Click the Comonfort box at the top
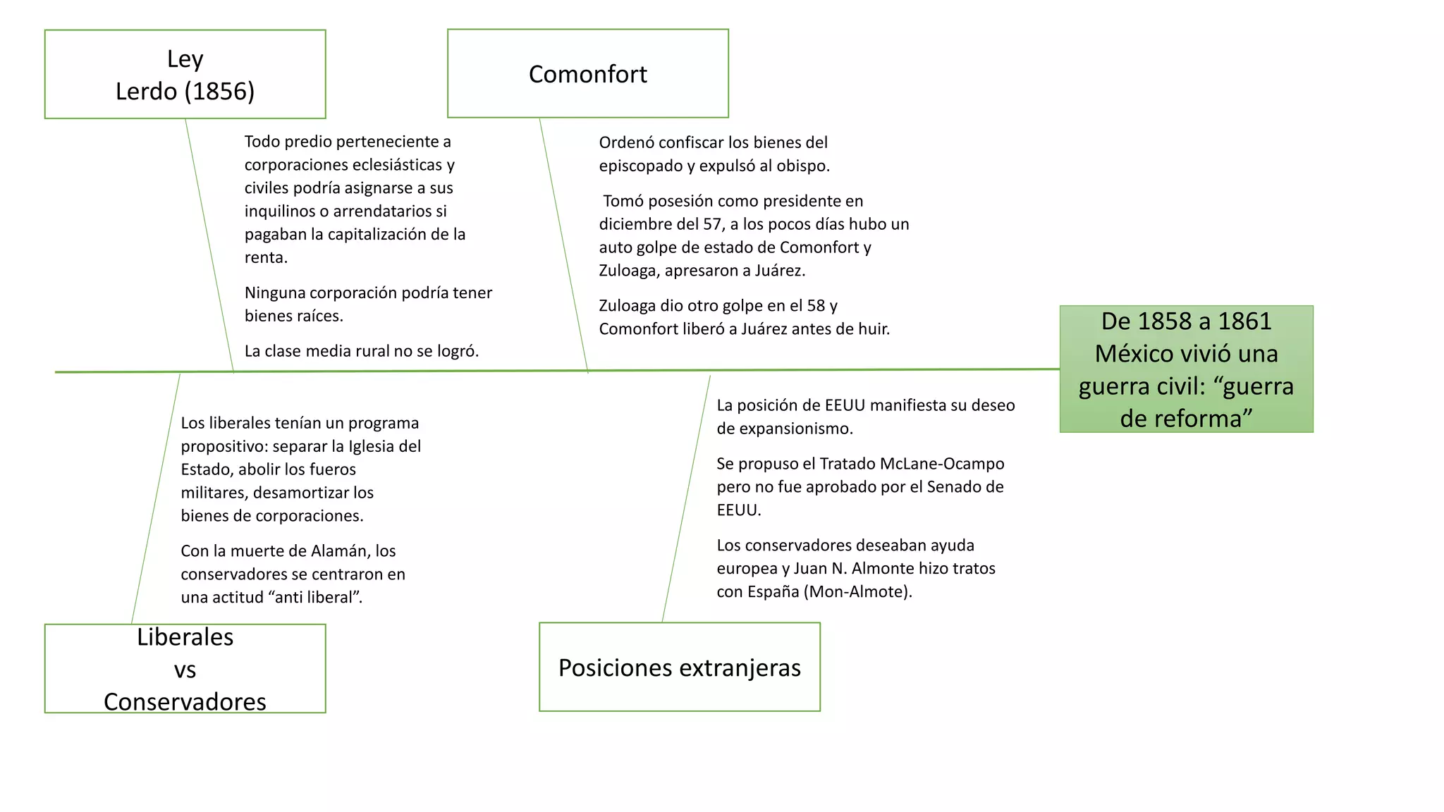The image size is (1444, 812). (587, 73)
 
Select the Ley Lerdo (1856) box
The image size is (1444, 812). (185, 74)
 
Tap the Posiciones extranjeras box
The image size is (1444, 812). (679, 667)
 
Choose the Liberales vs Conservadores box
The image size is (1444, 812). (185, 668)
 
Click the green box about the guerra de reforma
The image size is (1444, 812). (1186, 369)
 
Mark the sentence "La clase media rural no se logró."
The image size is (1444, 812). (362, 351)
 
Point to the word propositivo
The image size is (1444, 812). (224, 447)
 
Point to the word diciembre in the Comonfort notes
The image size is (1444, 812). (633, 224)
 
